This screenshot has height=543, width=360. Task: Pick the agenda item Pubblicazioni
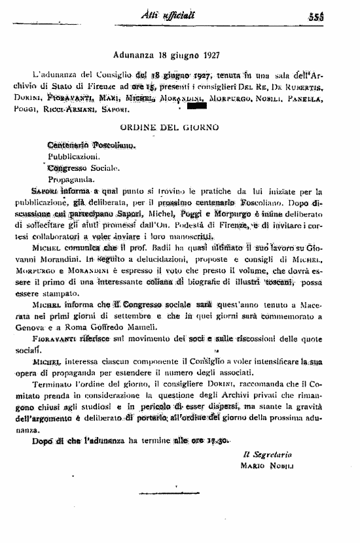tap(74, 156)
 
